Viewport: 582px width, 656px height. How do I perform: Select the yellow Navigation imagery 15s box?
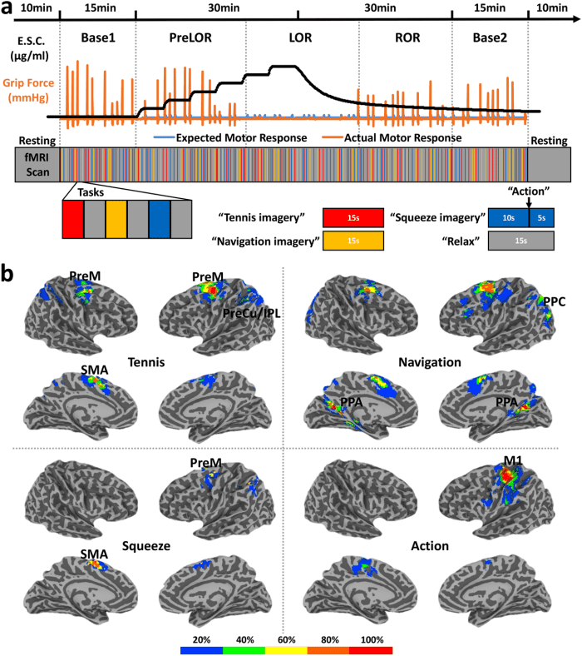[x=353, y=241]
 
